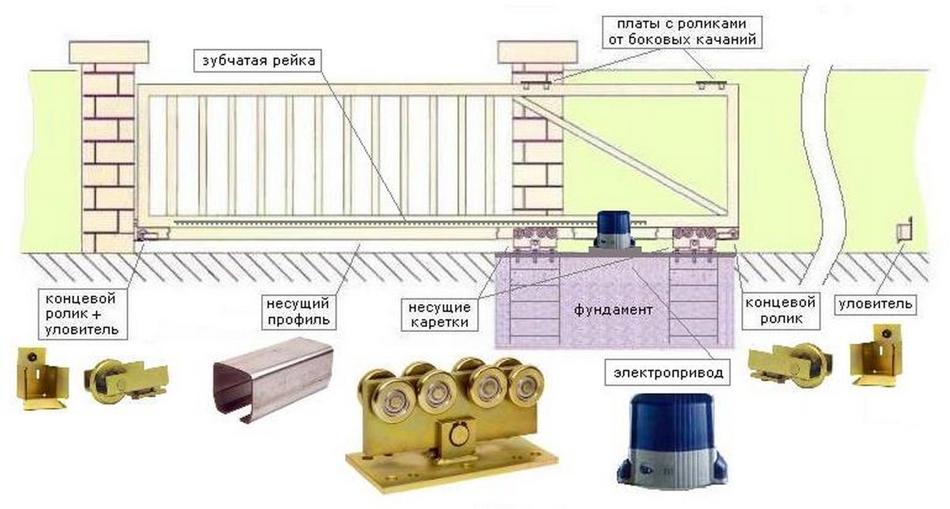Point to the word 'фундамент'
point(613,310)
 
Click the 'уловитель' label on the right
point(876,305)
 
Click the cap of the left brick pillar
point(109,52)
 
